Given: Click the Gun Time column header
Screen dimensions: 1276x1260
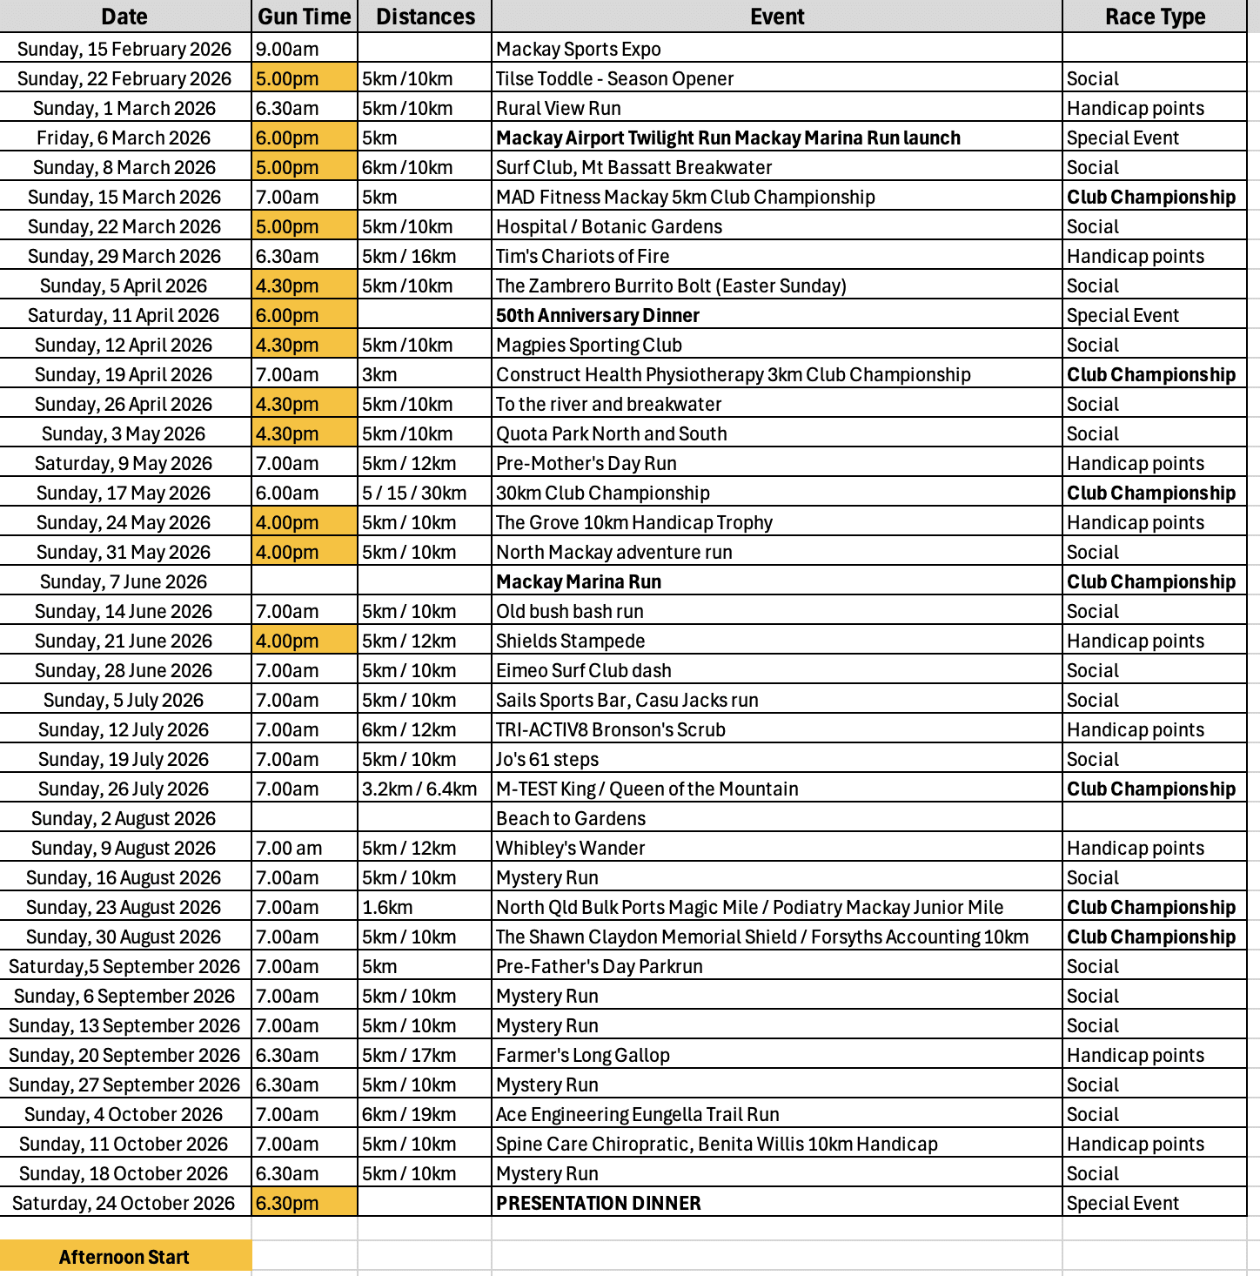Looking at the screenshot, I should (x=304, y=17).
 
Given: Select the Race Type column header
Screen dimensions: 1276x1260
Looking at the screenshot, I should (x=1155, y=17).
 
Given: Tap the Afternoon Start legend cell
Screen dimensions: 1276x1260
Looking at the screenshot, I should (x=124, y=1257).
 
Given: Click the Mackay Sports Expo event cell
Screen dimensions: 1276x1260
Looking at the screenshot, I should (x=579, y=50).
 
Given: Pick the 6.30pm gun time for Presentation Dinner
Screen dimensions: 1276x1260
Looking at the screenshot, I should (x=287, y=1203).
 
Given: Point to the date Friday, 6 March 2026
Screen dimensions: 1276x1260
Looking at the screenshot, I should (x=124, y=138).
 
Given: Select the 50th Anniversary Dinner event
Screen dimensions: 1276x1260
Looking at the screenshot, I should (x=598, y=316).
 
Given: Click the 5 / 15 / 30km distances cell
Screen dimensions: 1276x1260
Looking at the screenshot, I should (x=414, y=494).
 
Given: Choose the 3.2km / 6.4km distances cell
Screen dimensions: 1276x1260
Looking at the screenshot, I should (x=419, y=789).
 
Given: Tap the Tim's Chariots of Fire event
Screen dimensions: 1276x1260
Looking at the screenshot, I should (x=583, y=257).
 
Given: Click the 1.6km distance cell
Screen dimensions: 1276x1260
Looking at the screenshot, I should (x=388, y=908).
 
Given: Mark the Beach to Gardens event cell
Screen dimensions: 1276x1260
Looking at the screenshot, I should (x=571, y=819).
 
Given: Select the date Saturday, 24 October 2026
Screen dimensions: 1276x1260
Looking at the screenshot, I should (x=124, y=1203).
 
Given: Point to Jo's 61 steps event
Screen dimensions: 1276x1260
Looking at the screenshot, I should (x=547, y=760).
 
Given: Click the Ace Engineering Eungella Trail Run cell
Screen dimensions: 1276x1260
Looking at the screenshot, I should (x=638, y=1115).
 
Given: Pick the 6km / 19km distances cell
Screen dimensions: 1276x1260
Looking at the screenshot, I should (x=409, y=1115).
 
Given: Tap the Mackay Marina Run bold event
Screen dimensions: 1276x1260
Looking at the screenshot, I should (x=579, y=582).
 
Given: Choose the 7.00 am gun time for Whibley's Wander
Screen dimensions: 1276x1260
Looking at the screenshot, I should (x=289, y=849).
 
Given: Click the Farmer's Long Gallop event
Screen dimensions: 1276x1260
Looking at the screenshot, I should (x=583, y=1056).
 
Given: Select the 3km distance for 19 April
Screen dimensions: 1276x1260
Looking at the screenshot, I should (x=379, y=375).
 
